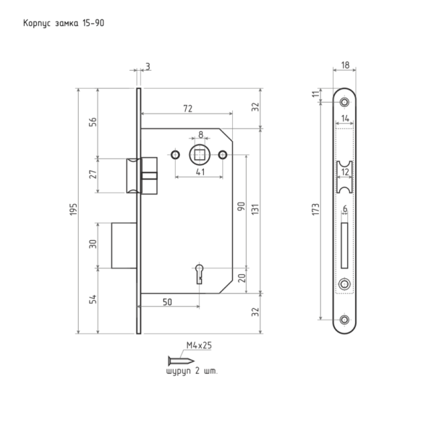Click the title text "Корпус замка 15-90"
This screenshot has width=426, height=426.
64,23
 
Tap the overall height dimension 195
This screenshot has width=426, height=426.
74,210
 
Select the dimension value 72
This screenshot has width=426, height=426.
188,108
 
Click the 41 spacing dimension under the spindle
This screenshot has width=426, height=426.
200,172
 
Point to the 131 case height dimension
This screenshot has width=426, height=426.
255,210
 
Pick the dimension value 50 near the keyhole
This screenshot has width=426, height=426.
167,302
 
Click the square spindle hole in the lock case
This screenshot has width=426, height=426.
200,155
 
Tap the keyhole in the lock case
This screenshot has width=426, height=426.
200,274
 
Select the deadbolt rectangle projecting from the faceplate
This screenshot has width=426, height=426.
124,246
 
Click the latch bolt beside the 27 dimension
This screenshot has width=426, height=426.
134,176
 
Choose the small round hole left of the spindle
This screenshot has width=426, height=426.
175,155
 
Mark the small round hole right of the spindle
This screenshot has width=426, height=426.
223,155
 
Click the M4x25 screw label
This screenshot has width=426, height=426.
199,345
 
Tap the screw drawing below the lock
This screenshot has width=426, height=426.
182,361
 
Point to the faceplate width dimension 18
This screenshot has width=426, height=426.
345,65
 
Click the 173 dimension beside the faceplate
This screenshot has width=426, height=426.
315,210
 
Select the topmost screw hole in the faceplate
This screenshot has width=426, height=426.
344,103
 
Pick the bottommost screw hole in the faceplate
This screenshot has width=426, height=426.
344,320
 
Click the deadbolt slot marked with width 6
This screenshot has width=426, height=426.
344,246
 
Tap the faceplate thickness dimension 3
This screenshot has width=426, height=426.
148,67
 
